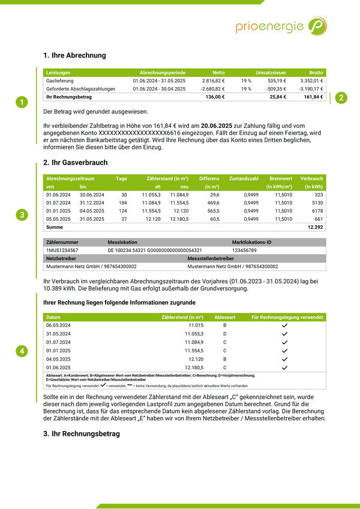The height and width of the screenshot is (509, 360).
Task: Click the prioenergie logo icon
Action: pos(317,26)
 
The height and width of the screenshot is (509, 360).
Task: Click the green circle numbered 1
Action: pos(22,103)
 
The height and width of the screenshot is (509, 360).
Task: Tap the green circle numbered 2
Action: pos(340,98)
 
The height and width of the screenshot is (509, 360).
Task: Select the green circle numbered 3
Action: pos(22,215)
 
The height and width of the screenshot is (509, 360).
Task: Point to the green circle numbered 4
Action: pos(22,351)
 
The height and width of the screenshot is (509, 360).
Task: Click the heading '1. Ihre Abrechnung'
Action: pos(74,55)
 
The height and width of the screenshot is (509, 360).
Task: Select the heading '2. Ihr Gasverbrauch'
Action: pos(76,163)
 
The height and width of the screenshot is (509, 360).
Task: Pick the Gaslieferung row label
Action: pos(59,80)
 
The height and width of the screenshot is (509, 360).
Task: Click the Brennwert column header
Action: pos(281,178)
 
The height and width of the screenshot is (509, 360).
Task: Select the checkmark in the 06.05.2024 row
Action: pos(285,325)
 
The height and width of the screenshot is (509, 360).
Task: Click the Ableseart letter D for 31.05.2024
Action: pos(225,333)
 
